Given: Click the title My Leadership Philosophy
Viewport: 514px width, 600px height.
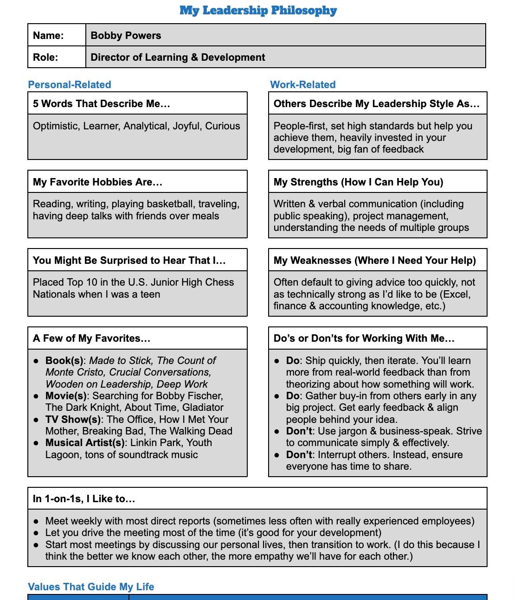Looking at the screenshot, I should point(258,10).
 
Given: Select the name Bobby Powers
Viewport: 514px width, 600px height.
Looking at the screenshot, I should point(126,36).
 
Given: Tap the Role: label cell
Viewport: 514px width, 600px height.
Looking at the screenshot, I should point(45,57).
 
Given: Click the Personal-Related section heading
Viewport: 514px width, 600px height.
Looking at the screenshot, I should point(70,85).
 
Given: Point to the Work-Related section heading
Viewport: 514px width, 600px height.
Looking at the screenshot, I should point(302,85).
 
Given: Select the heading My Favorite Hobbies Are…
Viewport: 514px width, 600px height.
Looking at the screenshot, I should point(97,182).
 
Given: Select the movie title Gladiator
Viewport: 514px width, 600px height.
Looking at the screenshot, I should point(203,408).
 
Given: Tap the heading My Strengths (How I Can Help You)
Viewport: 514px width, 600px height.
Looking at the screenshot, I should point(358,182).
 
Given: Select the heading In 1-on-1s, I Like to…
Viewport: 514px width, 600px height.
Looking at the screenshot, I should point(84,499).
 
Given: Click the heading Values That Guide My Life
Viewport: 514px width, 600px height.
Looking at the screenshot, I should point(91,587).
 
